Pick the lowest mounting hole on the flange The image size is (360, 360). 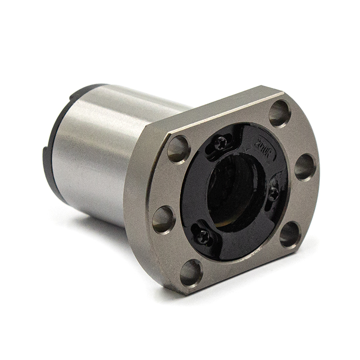[x=191, y=272]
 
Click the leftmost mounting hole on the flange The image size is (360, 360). [x=164, y=219]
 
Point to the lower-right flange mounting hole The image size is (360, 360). [x=290, y=235]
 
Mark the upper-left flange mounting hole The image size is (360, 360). [x=178, y=149]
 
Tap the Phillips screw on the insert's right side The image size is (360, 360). [x=274, y=193]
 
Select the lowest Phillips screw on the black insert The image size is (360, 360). [x=204, y=237]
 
